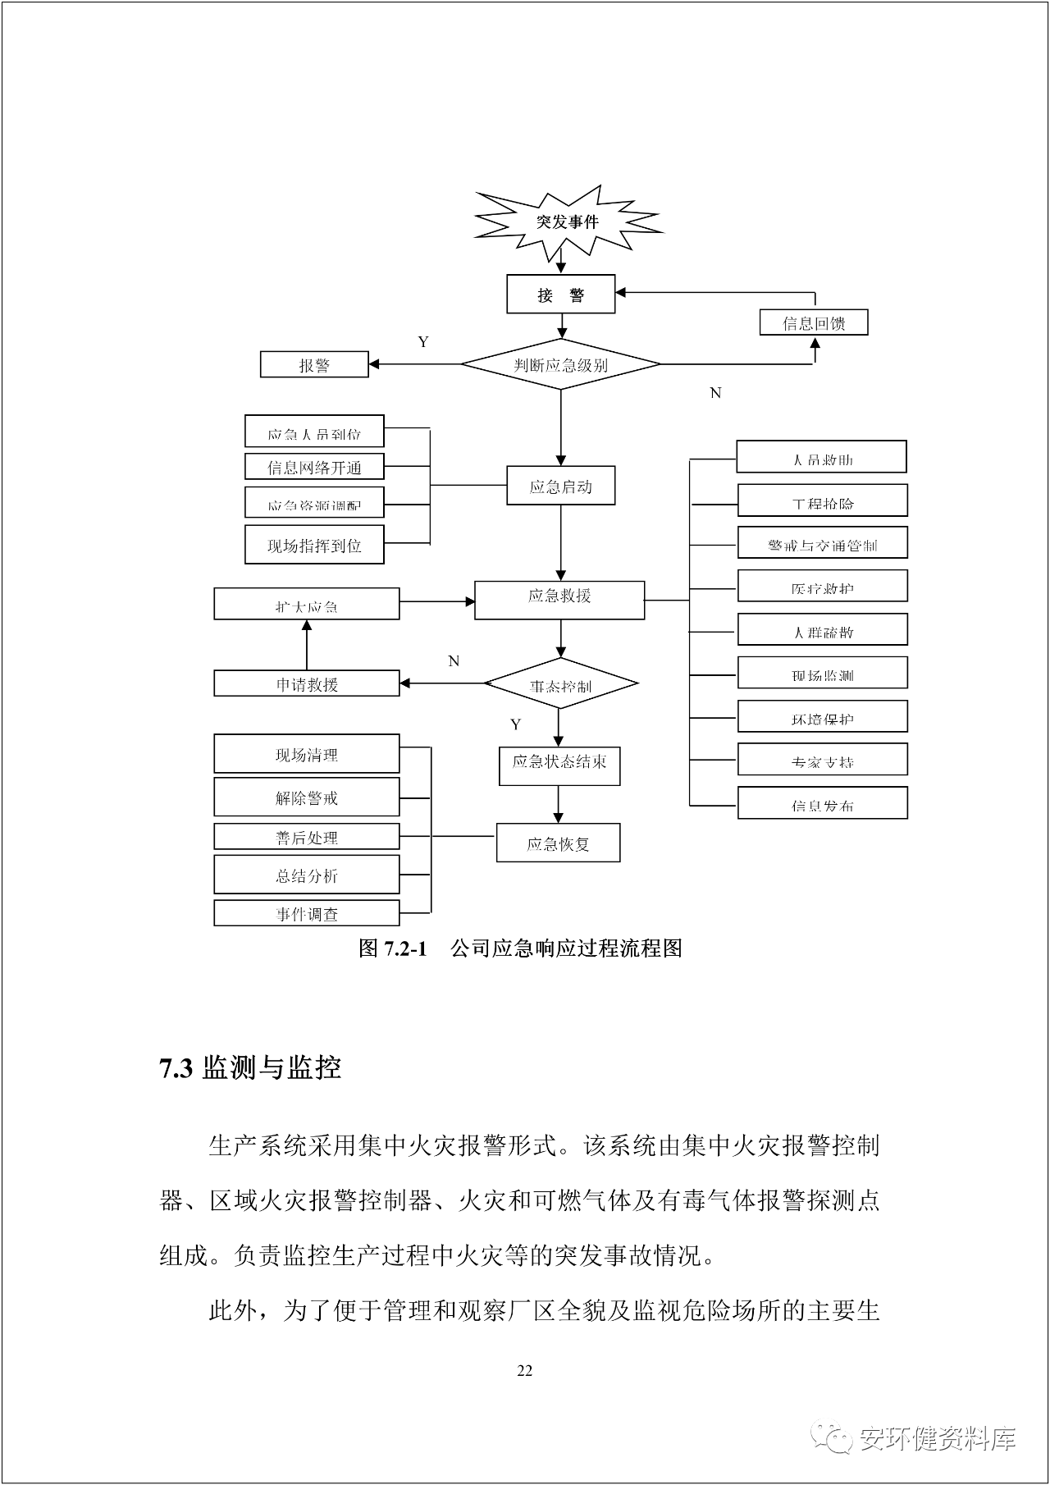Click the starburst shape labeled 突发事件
[568, 222]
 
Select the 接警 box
[561, 295]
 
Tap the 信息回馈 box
[814, 322]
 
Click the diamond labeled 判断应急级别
[561, 364]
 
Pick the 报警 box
[314, 364]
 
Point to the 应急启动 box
[561, 487]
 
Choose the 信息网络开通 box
[314, 467]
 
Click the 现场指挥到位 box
[314, 546]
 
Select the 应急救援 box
[559, 600]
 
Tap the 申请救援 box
[307, 683]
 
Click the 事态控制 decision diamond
[561, 684]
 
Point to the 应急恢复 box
[558, 843]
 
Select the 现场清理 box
[307, 754]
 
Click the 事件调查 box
[307, 913]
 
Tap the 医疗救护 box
[823, 587]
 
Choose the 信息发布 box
[823, 803]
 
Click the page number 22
[525, 1370]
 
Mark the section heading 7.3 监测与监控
[250, 1068]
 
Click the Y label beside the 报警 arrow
[423, 341]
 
